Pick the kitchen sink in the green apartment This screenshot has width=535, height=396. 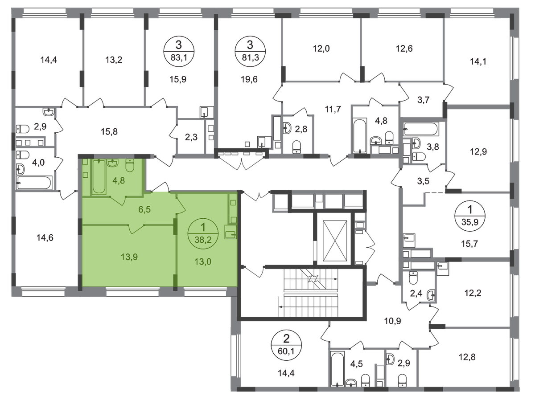(x=231, y=233)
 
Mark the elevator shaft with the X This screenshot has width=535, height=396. (x=334, y=241)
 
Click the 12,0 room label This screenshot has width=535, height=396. (x=320, y=49)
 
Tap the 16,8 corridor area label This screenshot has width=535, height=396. (x=110, y=131)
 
